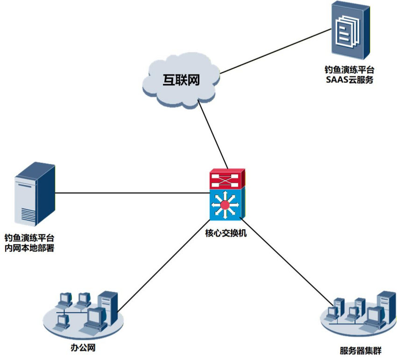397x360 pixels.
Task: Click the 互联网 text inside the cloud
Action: pos(181,80)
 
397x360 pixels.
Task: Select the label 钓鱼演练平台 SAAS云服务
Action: pos(350,75)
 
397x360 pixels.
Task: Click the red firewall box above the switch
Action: pos(227,178)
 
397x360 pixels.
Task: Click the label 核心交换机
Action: pos(226,233)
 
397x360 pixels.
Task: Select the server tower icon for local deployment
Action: pos(35,194)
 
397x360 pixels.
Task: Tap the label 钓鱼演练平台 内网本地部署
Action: pos(29,243)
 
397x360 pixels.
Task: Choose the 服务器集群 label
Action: pos(361,351)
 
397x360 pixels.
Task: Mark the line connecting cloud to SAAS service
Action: pos(276,51)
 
